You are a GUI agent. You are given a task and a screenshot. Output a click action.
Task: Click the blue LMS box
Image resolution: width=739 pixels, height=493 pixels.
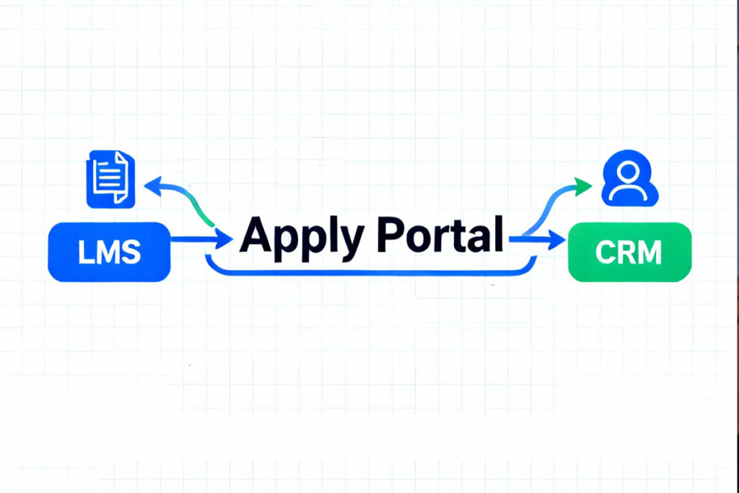(109, 251)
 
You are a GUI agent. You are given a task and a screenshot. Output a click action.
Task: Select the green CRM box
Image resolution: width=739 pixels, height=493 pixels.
(630, 251)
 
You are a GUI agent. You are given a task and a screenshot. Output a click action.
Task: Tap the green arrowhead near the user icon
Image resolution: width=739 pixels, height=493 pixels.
(582, 188)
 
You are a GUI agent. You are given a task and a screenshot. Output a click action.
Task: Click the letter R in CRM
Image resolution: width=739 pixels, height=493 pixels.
(627, 252)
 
